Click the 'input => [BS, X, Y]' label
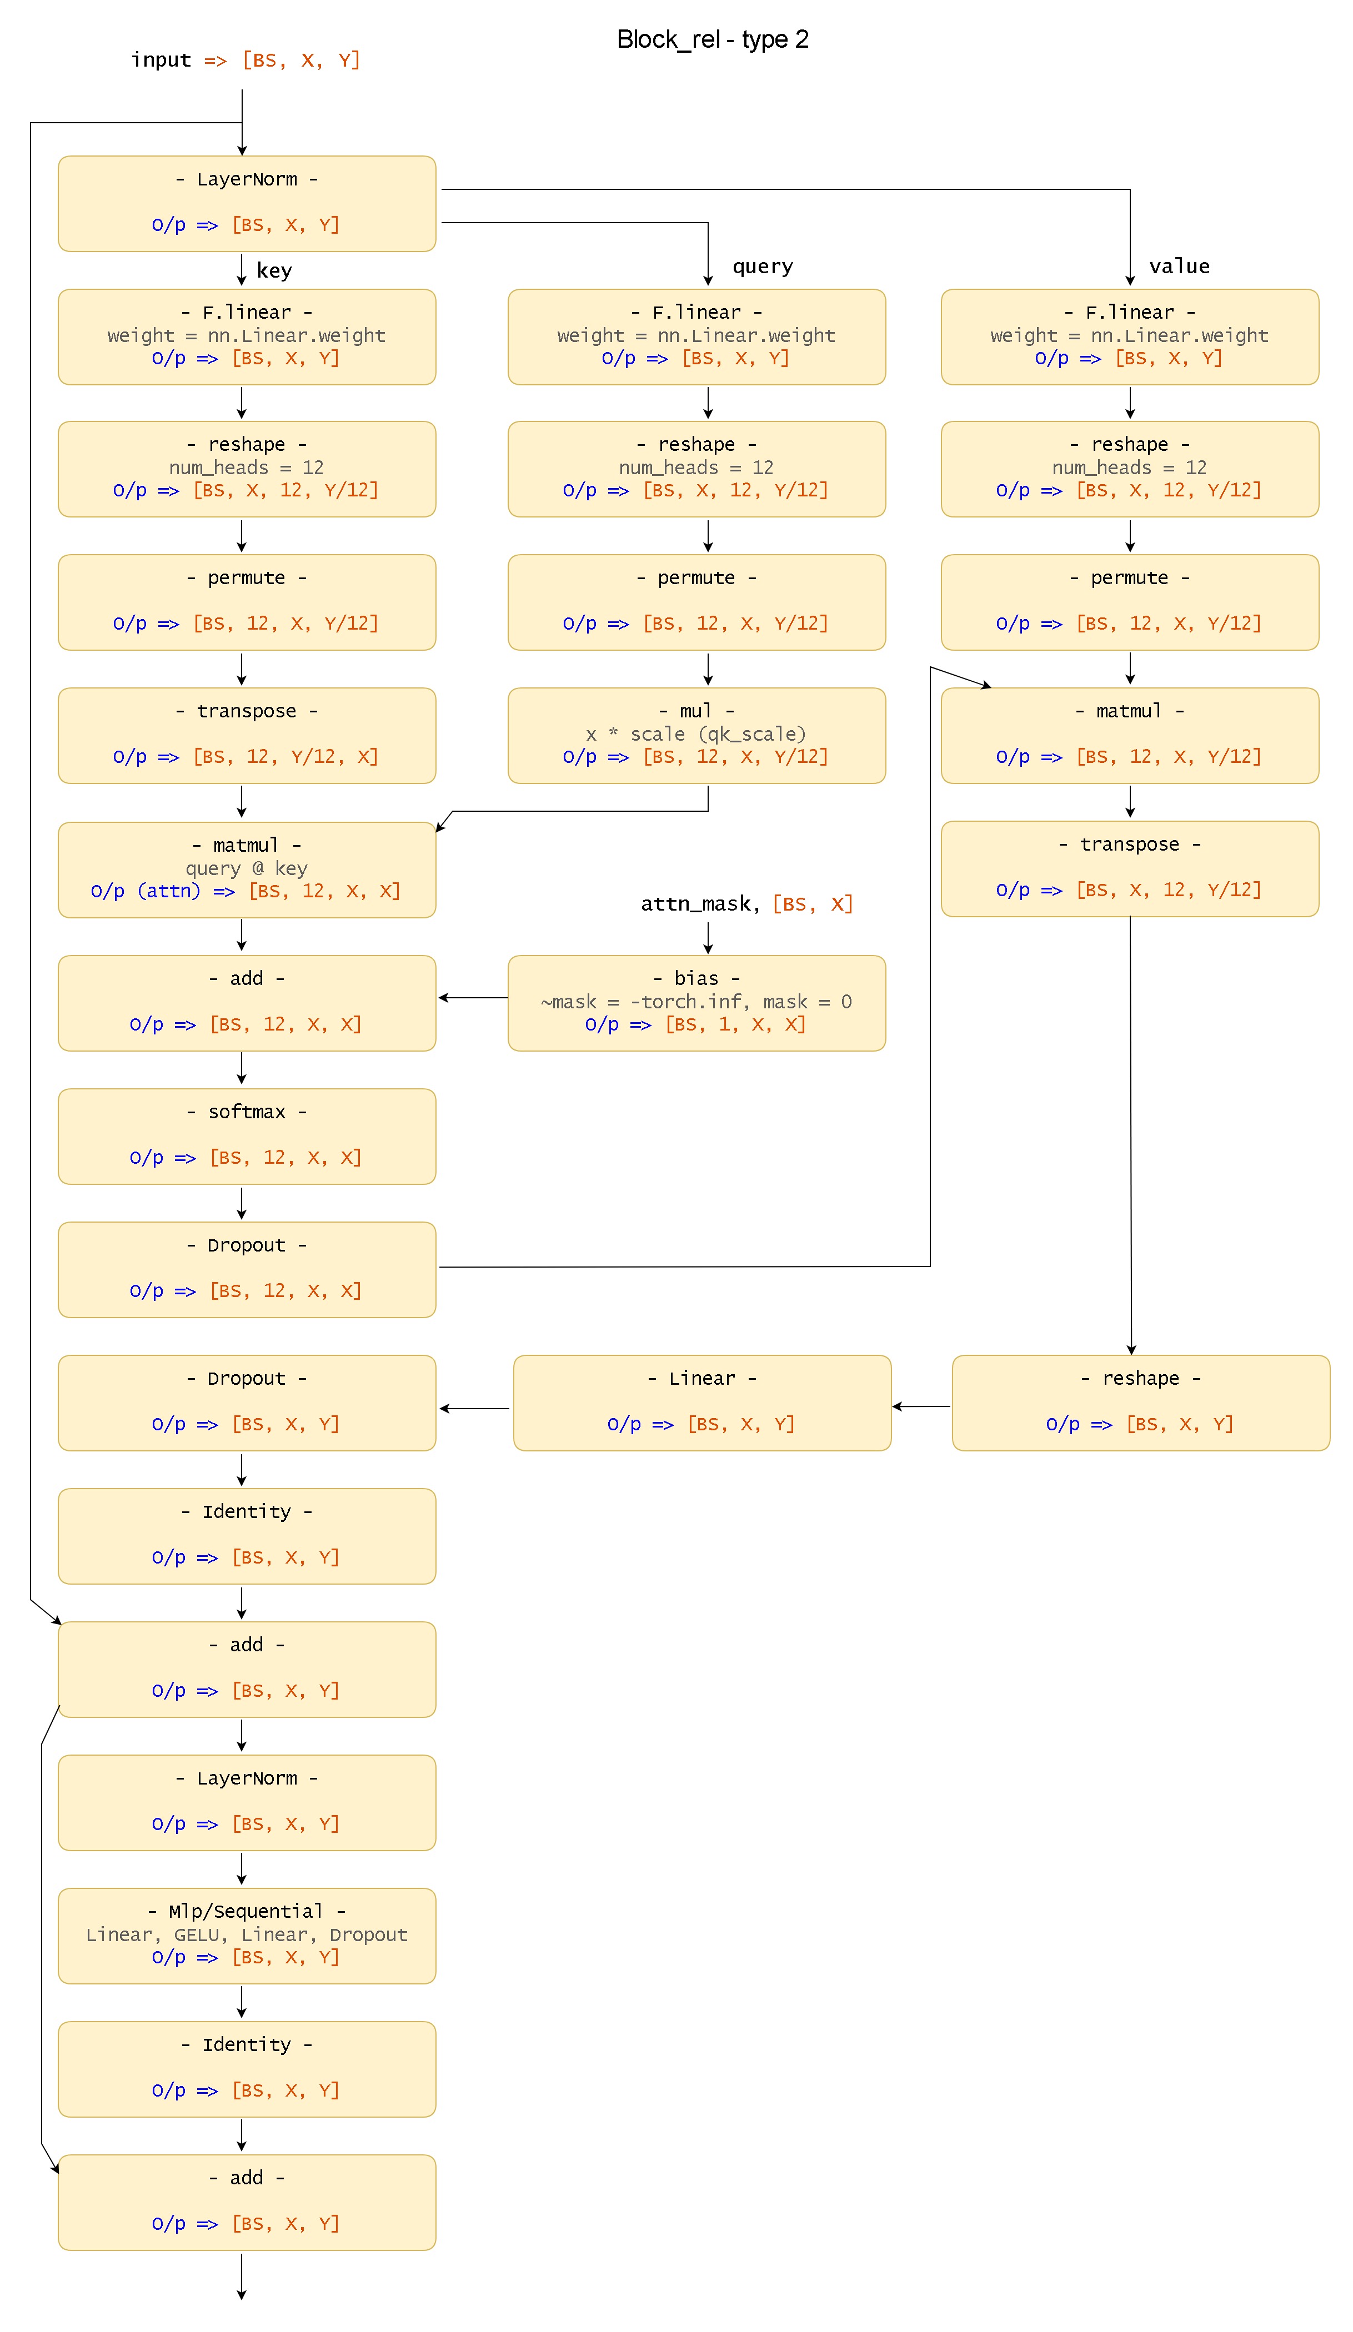[245, 60]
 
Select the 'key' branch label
[274, 270]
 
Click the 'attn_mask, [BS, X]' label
[746, 903]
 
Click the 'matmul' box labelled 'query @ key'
[246, 869]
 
